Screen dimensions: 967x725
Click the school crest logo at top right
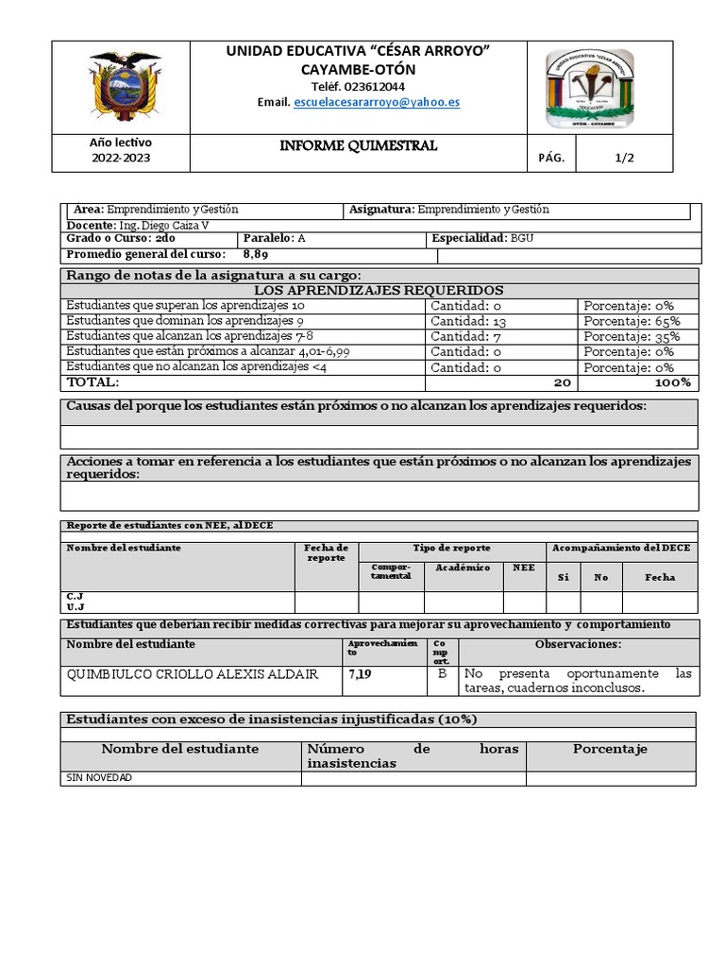point(590,88)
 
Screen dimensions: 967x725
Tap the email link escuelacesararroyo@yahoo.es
point(377,102)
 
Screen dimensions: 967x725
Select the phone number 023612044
point(358,86)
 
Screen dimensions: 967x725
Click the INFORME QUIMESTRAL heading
point(358,146)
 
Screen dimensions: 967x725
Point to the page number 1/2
point(624,158)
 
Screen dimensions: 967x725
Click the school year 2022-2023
point(121,158)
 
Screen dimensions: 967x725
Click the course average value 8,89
point(256,254)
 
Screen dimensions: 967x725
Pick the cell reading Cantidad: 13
point(469,321)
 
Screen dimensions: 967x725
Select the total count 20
point(563,382)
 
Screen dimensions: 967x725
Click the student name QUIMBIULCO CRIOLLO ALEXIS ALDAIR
point(193,674)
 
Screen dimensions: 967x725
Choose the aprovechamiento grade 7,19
point(360,674)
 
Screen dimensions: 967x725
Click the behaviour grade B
point(442,674)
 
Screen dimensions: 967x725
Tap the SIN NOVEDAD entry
point(99,778)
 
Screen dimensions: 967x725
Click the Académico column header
point(463,568)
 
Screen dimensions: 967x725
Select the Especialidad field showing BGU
point(482,239)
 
